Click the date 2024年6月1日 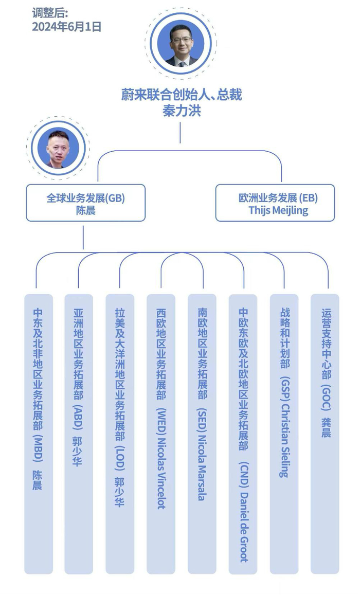[x=66, y=27]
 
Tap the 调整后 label [x=50, y=13]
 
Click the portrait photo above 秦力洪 [x=180, y=44]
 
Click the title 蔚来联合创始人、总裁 [x=182, y=95]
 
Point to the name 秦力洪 [x=182, y=111]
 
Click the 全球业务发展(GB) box [x=86, y=203]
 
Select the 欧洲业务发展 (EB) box [x=275, y=203]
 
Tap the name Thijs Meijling [x=278, y=210]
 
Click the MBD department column [x=38, y=434]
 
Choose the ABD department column [x=79, y=434]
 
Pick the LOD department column [x=120, y=434]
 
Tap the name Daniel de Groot [x=244, y=526]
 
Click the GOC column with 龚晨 [x=325, y=434]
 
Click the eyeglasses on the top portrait [x=181, y=40]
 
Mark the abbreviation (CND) [x=244, y=474]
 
